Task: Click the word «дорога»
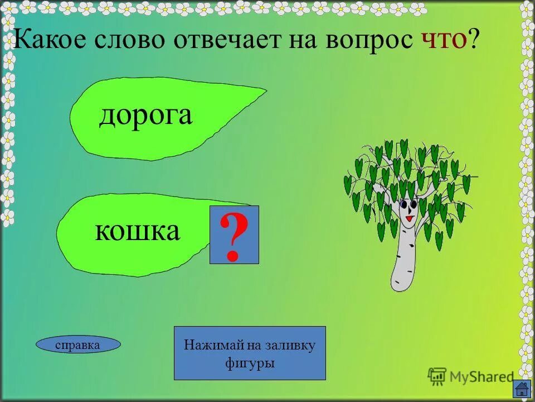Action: click(x=145, y=116)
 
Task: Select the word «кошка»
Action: click(x=138, y=230)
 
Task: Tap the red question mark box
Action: click(x=234, y=234)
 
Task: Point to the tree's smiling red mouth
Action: click(x=408, y=219)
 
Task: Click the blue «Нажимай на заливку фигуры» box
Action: click(x=250, y=353)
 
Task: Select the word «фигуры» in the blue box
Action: click(x=250, y=363)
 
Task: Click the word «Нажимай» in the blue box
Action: click(x=207, y=345)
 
